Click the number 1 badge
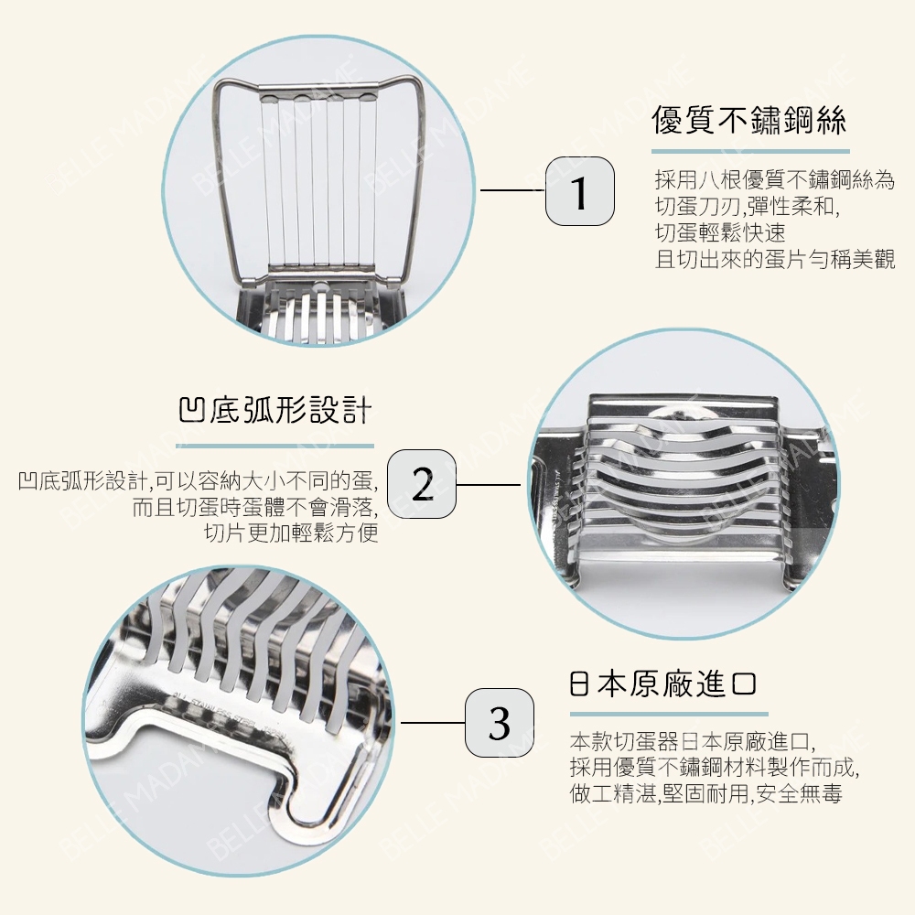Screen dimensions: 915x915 point(579,191)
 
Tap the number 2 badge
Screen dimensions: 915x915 point(421,484)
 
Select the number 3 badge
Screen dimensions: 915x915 point(499,723)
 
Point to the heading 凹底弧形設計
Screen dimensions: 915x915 point(274,410)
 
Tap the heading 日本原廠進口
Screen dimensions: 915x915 point(662,684)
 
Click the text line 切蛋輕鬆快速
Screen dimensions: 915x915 point(720,232)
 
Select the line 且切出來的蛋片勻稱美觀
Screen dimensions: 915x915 point(775,259)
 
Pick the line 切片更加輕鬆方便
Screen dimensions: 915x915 point(291,533)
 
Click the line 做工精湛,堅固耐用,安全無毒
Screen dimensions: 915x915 point(706,793)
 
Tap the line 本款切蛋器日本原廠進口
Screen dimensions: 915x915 point(692,742)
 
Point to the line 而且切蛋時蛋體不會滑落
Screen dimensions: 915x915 point(255,508)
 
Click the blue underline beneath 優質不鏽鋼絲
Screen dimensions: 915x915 point(750,152)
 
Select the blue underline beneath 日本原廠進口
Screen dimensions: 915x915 point(669,714)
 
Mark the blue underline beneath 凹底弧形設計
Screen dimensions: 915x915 point(274,447)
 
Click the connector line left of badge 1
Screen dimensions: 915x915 point(512,190)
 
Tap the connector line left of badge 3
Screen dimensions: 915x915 point(433,723)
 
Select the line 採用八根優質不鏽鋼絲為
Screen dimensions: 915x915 point(775,180)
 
